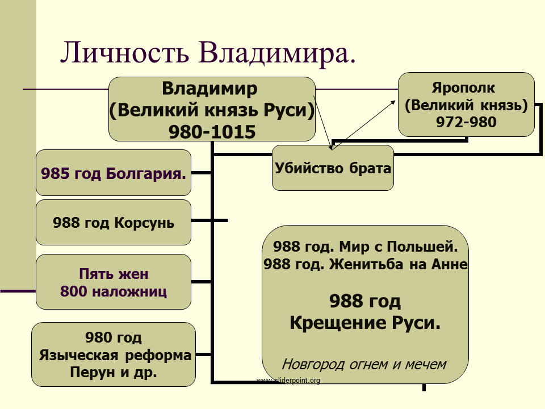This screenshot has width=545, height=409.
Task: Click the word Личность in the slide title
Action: tap(125, 52)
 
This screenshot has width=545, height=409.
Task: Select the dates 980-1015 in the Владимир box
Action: tap(212, 132)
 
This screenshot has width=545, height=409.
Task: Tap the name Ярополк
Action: tap(463, 88)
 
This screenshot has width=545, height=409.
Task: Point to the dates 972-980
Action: tap(466, 122)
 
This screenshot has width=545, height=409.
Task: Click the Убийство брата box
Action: tap(333, 168)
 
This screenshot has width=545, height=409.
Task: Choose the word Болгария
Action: tap(146, 173)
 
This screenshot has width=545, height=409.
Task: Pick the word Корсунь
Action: tap(144, 223)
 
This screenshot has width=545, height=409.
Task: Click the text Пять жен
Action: tap(114, 274)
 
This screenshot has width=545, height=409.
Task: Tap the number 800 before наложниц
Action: tap(74, 291)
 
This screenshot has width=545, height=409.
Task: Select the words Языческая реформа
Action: tap(115, 356)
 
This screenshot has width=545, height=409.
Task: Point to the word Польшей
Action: tap(422, 247)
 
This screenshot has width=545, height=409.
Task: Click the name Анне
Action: tap(450, 264)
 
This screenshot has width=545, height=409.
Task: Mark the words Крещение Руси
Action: tap(365, 323)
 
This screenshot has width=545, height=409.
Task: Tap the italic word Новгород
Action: tap(313, 364)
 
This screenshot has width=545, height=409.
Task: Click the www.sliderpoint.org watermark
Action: tap(288, 380)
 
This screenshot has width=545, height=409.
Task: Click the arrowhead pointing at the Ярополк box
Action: tap(393, 102)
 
